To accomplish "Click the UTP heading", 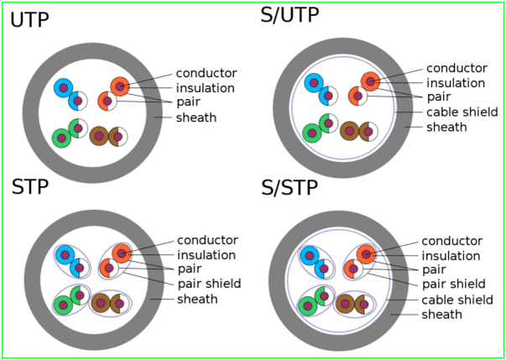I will tap(30, 19).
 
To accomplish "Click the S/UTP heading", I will tap(290, 16).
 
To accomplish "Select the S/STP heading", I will tap(290, 188).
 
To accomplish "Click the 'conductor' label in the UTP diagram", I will tap(206, 73).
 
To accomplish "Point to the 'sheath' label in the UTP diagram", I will tap(196, 117).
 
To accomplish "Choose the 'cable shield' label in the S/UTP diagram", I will tap(458, 112).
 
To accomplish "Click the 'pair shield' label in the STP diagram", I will tap(209, 284).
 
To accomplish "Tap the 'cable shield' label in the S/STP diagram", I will tap(456, 300).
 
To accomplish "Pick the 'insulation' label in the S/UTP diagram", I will tap(455, 82).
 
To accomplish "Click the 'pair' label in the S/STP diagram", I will tap(434, 269).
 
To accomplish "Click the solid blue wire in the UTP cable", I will tap(63, 87).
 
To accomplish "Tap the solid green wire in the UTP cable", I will tap(60, 138).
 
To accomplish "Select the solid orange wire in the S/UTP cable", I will tap(370, 81).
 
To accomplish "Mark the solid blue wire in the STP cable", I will tap(64, 254).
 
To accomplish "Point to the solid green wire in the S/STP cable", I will tap(308, 306).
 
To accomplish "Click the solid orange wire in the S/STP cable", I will tap(365, 254).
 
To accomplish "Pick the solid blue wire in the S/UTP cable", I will tap(313, 83).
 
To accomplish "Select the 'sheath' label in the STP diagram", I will tap(197, 299).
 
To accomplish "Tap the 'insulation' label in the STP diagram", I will tap(206, 255).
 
